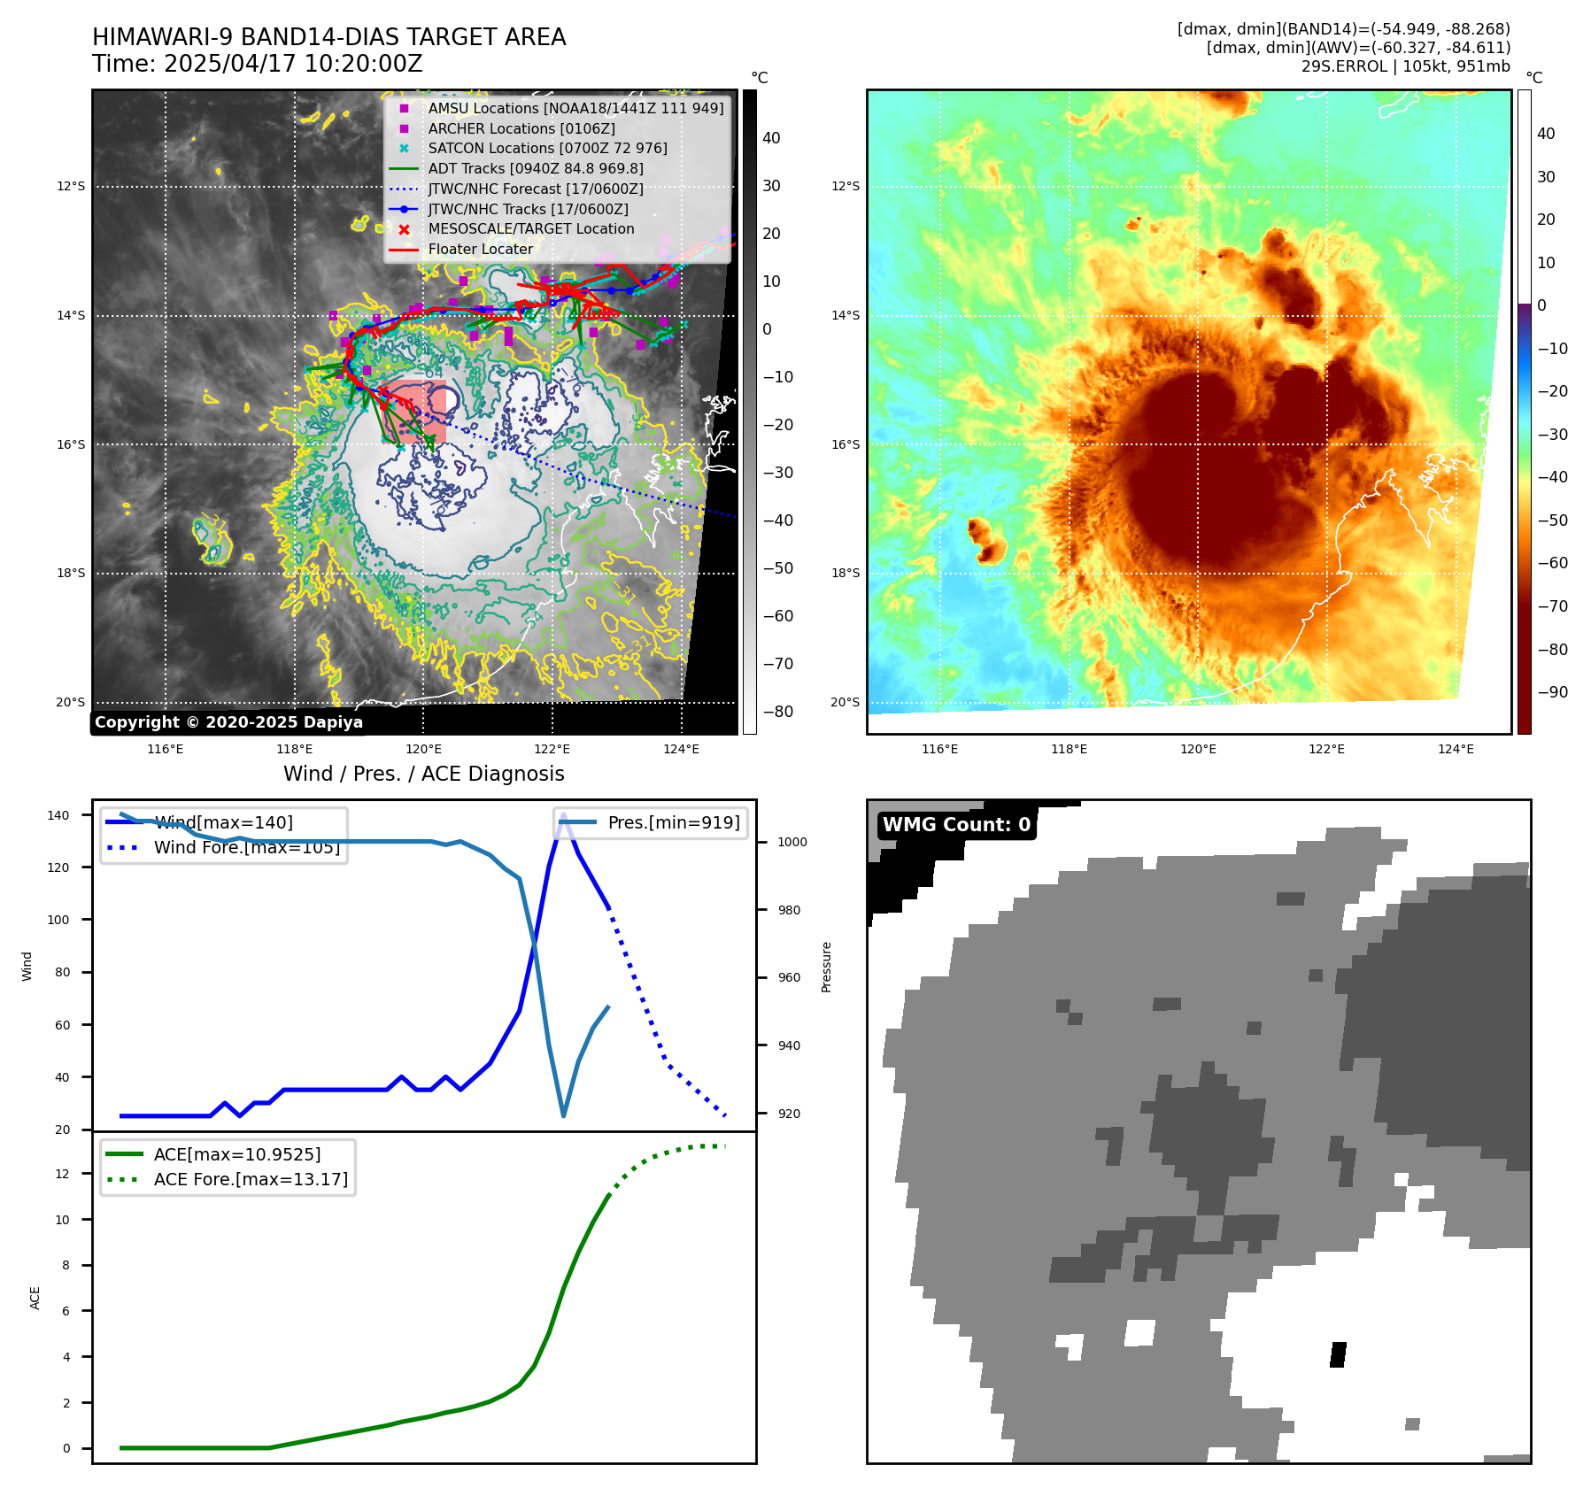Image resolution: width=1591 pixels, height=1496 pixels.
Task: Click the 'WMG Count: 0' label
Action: (x=956, y=825)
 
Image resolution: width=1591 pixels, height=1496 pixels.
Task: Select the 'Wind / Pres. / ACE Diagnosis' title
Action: (x=423, y=774)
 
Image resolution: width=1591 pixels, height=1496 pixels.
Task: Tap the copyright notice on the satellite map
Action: (x=228, y=722)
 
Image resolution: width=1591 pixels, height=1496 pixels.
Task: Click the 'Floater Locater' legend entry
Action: (x=480, y=250)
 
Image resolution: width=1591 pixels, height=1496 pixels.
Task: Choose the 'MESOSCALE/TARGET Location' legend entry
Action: (x=530, y=229)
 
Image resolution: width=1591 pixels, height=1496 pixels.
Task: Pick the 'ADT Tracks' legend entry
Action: (x=535, y=168)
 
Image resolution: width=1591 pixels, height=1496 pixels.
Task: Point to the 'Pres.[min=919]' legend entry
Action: (x=673, y=822)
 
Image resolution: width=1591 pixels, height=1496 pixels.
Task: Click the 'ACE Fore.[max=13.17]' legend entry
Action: (x=251, y=1179)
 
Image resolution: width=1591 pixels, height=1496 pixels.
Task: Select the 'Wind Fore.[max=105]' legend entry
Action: (x=246, y=847)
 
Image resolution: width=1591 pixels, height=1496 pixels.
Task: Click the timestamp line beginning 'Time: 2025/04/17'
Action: (x=258, y=64)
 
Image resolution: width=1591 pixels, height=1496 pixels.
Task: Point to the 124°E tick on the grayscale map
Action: (x=681, y=749)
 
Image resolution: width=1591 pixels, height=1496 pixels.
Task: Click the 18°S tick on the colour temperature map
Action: (x=845, y=573)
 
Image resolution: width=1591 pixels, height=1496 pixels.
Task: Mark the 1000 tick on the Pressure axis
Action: (x=792, y=842)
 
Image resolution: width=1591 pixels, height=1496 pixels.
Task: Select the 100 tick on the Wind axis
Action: (x=58, y=920)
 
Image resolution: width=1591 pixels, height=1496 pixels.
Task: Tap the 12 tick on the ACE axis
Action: (x=62, y=1174)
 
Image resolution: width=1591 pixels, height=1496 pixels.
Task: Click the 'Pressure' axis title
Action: (x=826, y=967)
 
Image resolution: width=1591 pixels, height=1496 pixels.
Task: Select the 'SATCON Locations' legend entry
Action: (x=547, y=148)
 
